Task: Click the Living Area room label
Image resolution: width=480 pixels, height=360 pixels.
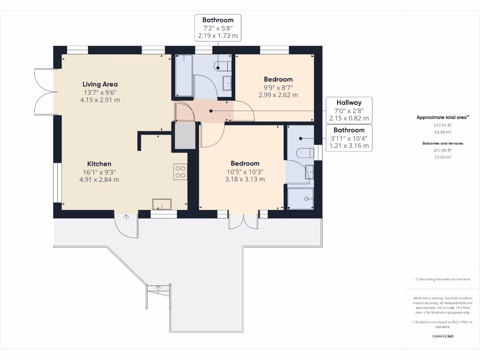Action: coord(100,84)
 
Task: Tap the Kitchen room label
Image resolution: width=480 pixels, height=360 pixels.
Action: coord(99,164)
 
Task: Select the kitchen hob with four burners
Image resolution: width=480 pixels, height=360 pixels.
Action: coord(180,172)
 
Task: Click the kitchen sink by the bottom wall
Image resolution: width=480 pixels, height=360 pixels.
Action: coord(162,203)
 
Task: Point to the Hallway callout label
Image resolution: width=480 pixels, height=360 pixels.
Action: coord(349,103)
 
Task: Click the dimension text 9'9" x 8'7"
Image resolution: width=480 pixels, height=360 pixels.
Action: coord(278,87)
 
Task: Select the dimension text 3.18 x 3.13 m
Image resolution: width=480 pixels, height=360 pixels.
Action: coord(245,179)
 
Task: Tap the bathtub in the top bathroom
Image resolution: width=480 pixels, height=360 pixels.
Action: coord(184,75)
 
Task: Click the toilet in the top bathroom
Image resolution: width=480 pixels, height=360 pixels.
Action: coord(222,66)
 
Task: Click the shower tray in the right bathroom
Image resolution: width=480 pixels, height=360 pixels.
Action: coord(300,198)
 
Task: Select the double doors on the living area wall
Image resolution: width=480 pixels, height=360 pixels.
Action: coord(45,92)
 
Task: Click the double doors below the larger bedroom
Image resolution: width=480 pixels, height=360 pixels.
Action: coord(243,221)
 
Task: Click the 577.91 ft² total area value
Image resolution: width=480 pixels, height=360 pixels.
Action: coord(442,126)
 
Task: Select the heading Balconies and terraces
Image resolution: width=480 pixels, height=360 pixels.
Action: coord(442,143)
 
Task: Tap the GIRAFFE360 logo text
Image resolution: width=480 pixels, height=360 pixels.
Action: coord(442,336)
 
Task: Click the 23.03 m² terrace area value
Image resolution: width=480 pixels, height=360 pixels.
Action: coord(442,157)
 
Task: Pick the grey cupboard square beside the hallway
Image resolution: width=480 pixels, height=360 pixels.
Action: coord(185,136)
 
